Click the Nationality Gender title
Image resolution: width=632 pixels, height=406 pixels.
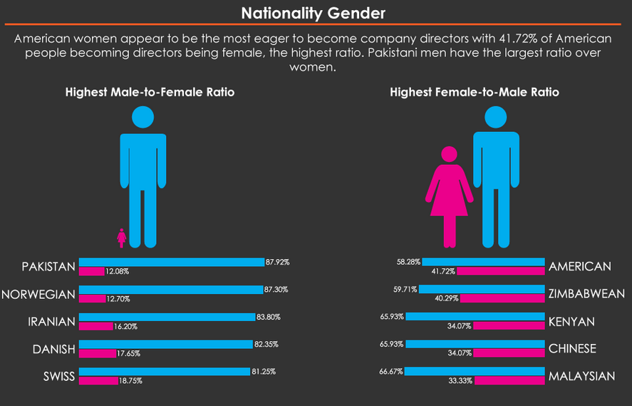coord(314,13)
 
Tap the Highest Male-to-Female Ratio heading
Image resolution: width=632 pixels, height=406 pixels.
coord(150,92)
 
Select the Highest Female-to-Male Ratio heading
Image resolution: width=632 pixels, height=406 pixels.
coord(474,92)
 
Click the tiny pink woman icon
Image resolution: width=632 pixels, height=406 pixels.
coord(122,238)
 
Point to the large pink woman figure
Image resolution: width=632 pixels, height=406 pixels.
coord(449,193)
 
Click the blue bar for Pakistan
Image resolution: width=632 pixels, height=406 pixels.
coord(171,263)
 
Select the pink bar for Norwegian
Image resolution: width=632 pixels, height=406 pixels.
coord(92,298)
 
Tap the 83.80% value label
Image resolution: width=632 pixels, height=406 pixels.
coord(267,317)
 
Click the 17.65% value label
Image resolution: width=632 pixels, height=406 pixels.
coord(128,353)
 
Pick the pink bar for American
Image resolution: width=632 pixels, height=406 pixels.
coord(500,271)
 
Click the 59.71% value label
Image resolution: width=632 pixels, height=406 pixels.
coord(407,289)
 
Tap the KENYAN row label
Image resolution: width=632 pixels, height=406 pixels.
coord(571,322)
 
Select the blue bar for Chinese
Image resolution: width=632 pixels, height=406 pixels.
coord(475,344)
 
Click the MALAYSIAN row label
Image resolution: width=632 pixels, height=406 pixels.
coord(581,376)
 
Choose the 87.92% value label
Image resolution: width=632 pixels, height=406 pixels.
coord(277,263)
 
